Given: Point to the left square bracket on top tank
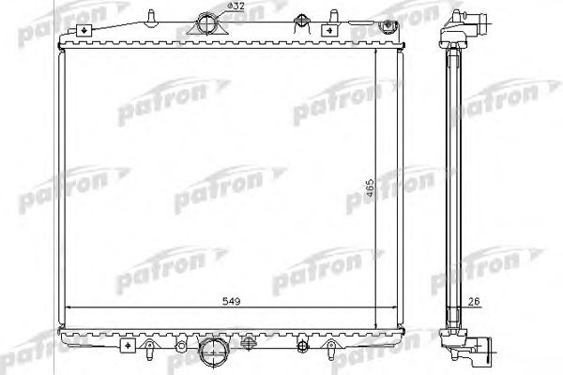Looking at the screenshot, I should click(85, 30).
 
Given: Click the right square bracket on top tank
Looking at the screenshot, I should click(328, 30).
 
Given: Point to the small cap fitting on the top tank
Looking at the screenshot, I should click(300, 21).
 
